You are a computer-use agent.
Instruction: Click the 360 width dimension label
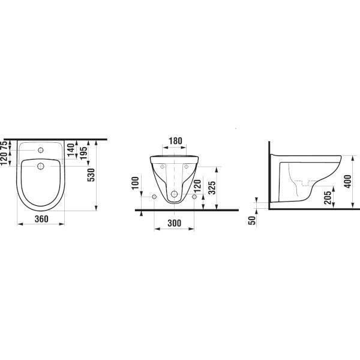[41, 219]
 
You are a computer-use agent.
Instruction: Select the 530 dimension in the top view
[91, 175]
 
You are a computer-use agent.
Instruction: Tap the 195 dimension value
[84, 153]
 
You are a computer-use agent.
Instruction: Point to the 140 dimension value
[71, 150]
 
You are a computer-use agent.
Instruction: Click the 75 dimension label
[4, 146]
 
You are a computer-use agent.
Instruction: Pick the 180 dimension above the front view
[175, 141]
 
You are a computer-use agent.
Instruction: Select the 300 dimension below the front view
[174, 223]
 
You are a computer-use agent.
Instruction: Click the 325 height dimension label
[212, 188]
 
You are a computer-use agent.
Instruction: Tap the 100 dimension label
[135, 183]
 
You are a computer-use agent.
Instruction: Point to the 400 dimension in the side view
[348, 181]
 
